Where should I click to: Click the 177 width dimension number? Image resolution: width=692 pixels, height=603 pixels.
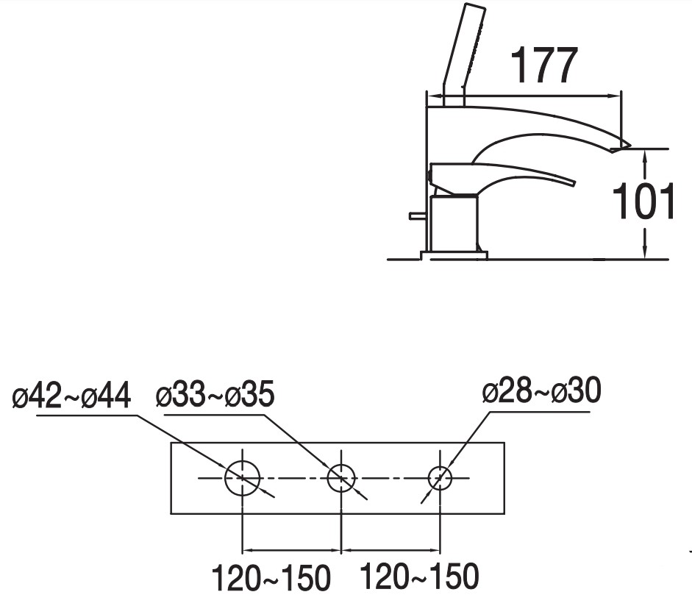(x=544, y=65)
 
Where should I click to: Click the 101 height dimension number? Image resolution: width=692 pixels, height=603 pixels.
(x=643, y=201)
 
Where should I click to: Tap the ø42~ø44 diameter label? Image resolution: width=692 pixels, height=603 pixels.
(x=71, y=396)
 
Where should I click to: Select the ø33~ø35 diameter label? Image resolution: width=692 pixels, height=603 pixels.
(x=215, y=393)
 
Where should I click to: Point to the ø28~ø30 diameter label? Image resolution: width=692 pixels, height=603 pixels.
(x=541, y=390)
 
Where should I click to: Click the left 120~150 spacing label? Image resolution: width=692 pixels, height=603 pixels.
(x=271, y=577)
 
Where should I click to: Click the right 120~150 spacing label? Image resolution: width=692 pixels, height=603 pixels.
(x=419, y=576)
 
